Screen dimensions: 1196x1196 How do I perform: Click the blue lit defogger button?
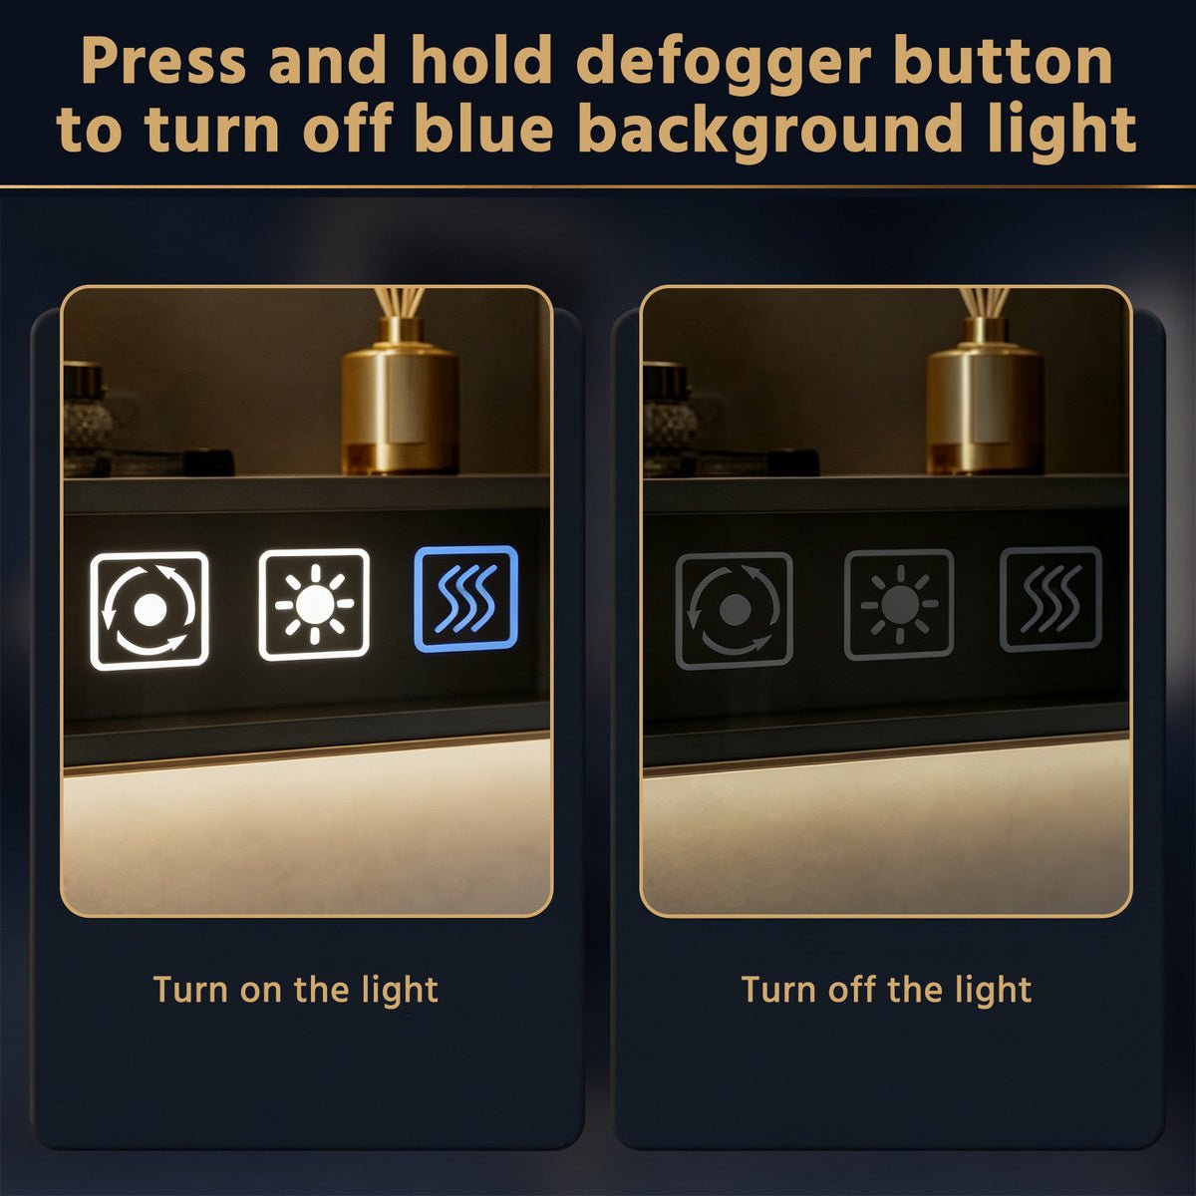click(465, 599)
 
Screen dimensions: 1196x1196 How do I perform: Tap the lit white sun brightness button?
click(314, 604)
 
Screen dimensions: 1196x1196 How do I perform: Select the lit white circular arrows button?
click(149, 611)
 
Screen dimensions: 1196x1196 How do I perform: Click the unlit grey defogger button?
click(1050, 600)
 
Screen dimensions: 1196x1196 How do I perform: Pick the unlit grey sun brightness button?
click(899, 604)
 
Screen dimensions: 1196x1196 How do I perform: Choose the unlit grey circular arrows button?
click(735, 610)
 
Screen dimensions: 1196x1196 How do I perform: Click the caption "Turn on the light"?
click(295, 990)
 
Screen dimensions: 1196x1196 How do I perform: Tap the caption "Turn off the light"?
click(886, 990)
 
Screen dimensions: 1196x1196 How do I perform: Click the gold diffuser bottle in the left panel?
click(401, 398)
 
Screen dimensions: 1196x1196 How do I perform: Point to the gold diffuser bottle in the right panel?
click(985, 398)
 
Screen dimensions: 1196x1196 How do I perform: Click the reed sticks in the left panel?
click(400, 302)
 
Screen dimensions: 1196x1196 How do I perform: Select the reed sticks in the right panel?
click(985, 302)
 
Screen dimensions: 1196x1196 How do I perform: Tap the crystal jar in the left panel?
click(87, 419)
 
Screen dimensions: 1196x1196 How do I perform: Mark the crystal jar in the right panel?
click(667, 419)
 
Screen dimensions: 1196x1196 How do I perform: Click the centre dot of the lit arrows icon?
click(149, 611)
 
